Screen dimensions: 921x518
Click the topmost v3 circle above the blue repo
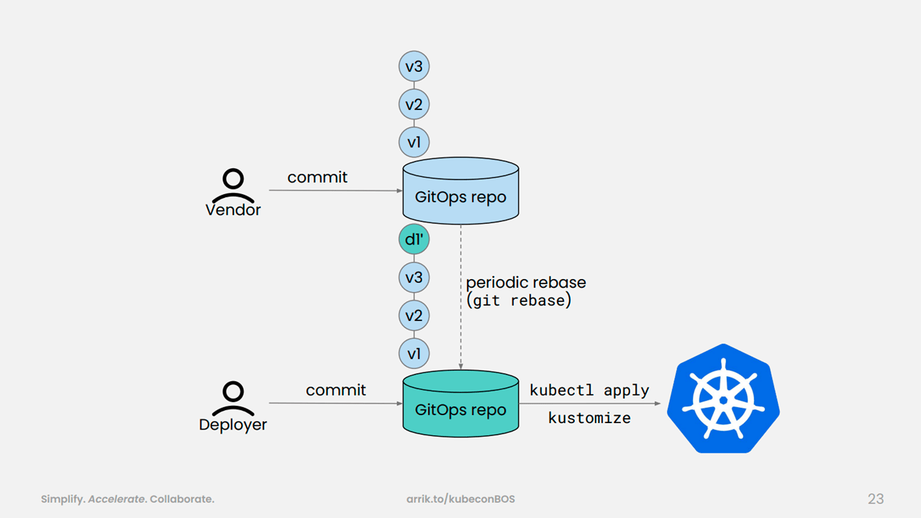tap(414, 66)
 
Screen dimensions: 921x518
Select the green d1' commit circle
tap(414, 240)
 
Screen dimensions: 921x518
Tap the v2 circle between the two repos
tap(414, 315)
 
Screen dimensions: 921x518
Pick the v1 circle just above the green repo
tap(414, 353)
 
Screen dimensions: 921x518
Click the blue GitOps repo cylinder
tap(460, 191)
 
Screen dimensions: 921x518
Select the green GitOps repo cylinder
tap(460, 404)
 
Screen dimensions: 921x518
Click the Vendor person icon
tap(233, 186)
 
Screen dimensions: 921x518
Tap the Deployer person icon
tap(233, 399)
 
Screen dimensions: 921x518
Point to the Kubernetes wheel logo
tap(723, 399)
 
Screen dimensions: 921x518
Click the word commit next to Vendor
tap(317, 178)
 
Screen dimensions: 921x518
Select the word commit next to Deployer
tap(336, 390)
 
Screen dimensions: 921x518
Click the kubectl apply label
tap(589, 391)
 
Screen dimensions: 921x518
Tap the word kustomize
tap(589, 418)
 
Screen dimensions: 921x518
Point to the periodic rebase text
tap(526, 283)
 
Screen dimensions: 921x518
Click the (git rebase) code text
tap(519, 301)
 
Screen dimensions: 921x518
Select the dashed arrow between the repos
tap(461, 297)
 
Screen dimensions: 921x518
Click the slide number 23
tap(876, 499)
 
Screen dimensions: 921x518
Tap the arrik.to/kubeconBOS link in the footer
tap(460, 499)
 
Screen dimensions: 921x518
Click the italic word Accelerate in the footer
tap(117, 499)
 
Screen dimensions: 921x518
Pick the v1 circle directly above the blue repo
tap(414, 142)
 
